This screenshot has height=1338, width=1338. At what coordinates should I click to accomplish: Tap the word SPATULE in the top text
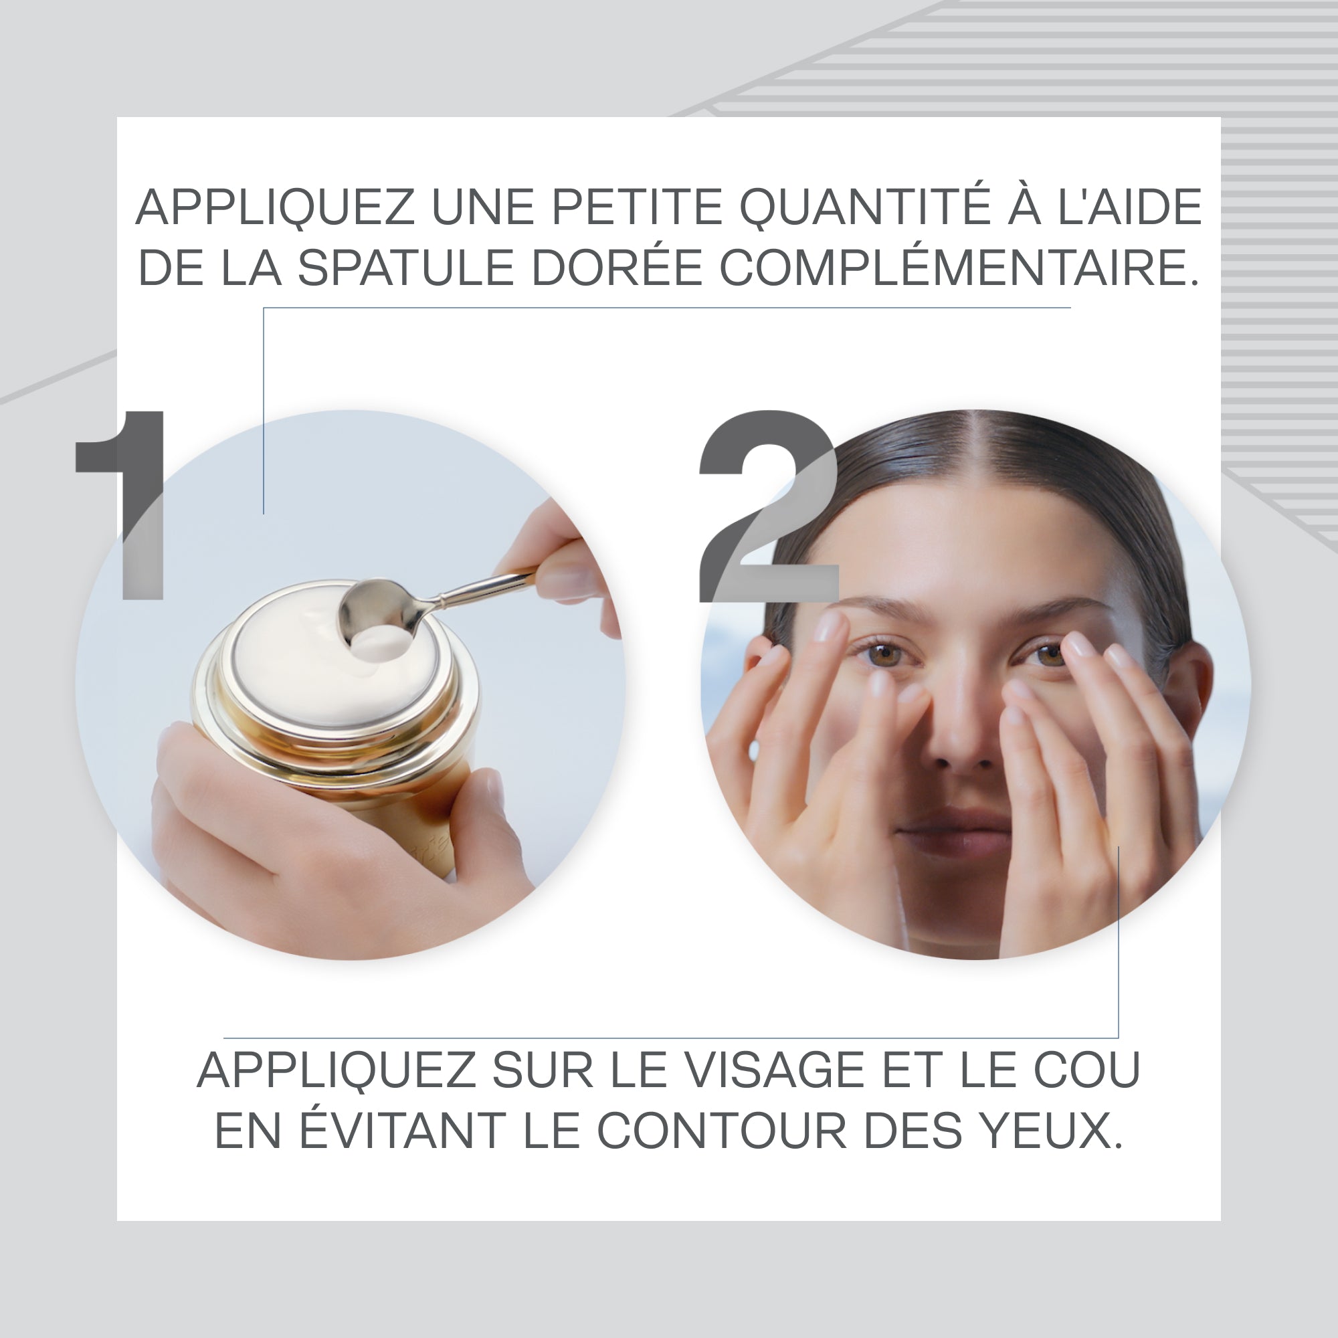tap(406, 268)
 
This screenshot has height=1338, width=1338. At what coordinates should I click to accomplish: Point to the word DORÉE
tap(617, 268)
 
